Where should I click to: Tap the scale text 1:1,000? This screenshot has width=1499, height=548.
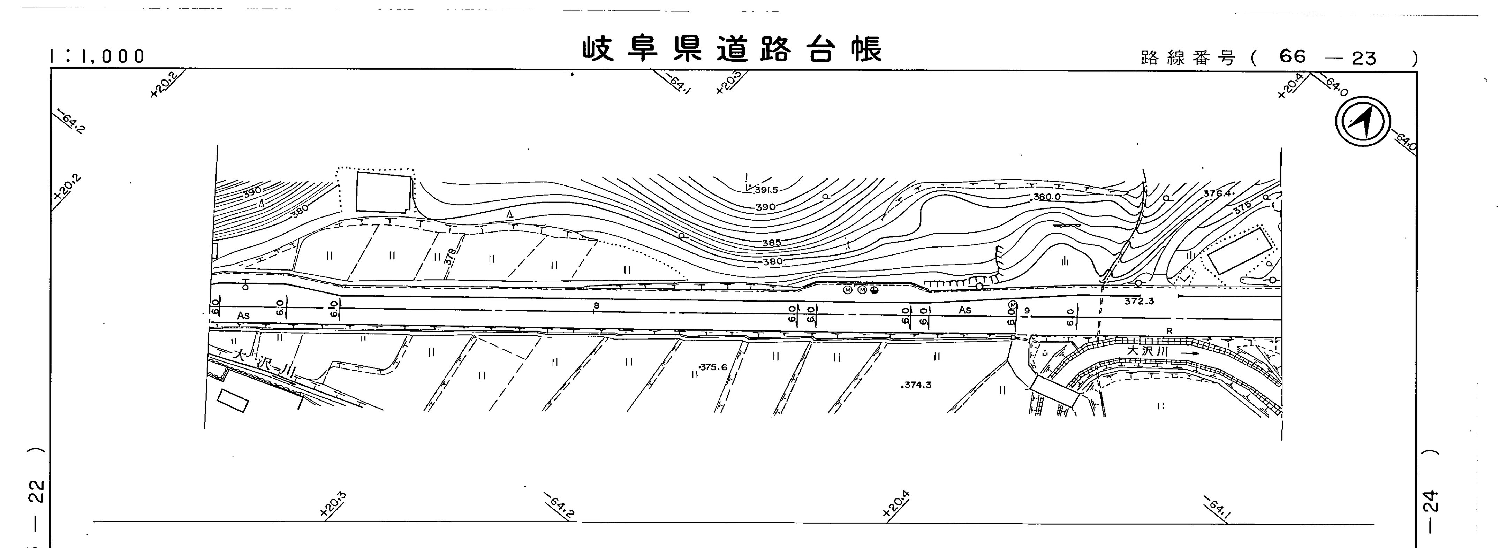point(97,56)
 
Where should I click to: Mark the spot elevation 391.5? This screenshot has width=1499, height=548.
point(771,190)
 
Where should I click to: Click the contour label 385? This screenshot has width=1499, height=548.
point(772,243)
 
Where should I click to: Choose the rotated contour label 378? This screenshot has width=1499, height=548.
point(449,256)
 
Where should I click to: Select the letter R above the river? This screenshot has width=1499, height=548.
point(1169,332)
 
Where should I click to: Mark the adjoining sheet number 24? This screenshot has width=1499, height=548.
point(1431,500)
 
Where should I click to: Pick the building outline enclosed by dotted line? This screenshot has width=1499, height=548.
point(383,192)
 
